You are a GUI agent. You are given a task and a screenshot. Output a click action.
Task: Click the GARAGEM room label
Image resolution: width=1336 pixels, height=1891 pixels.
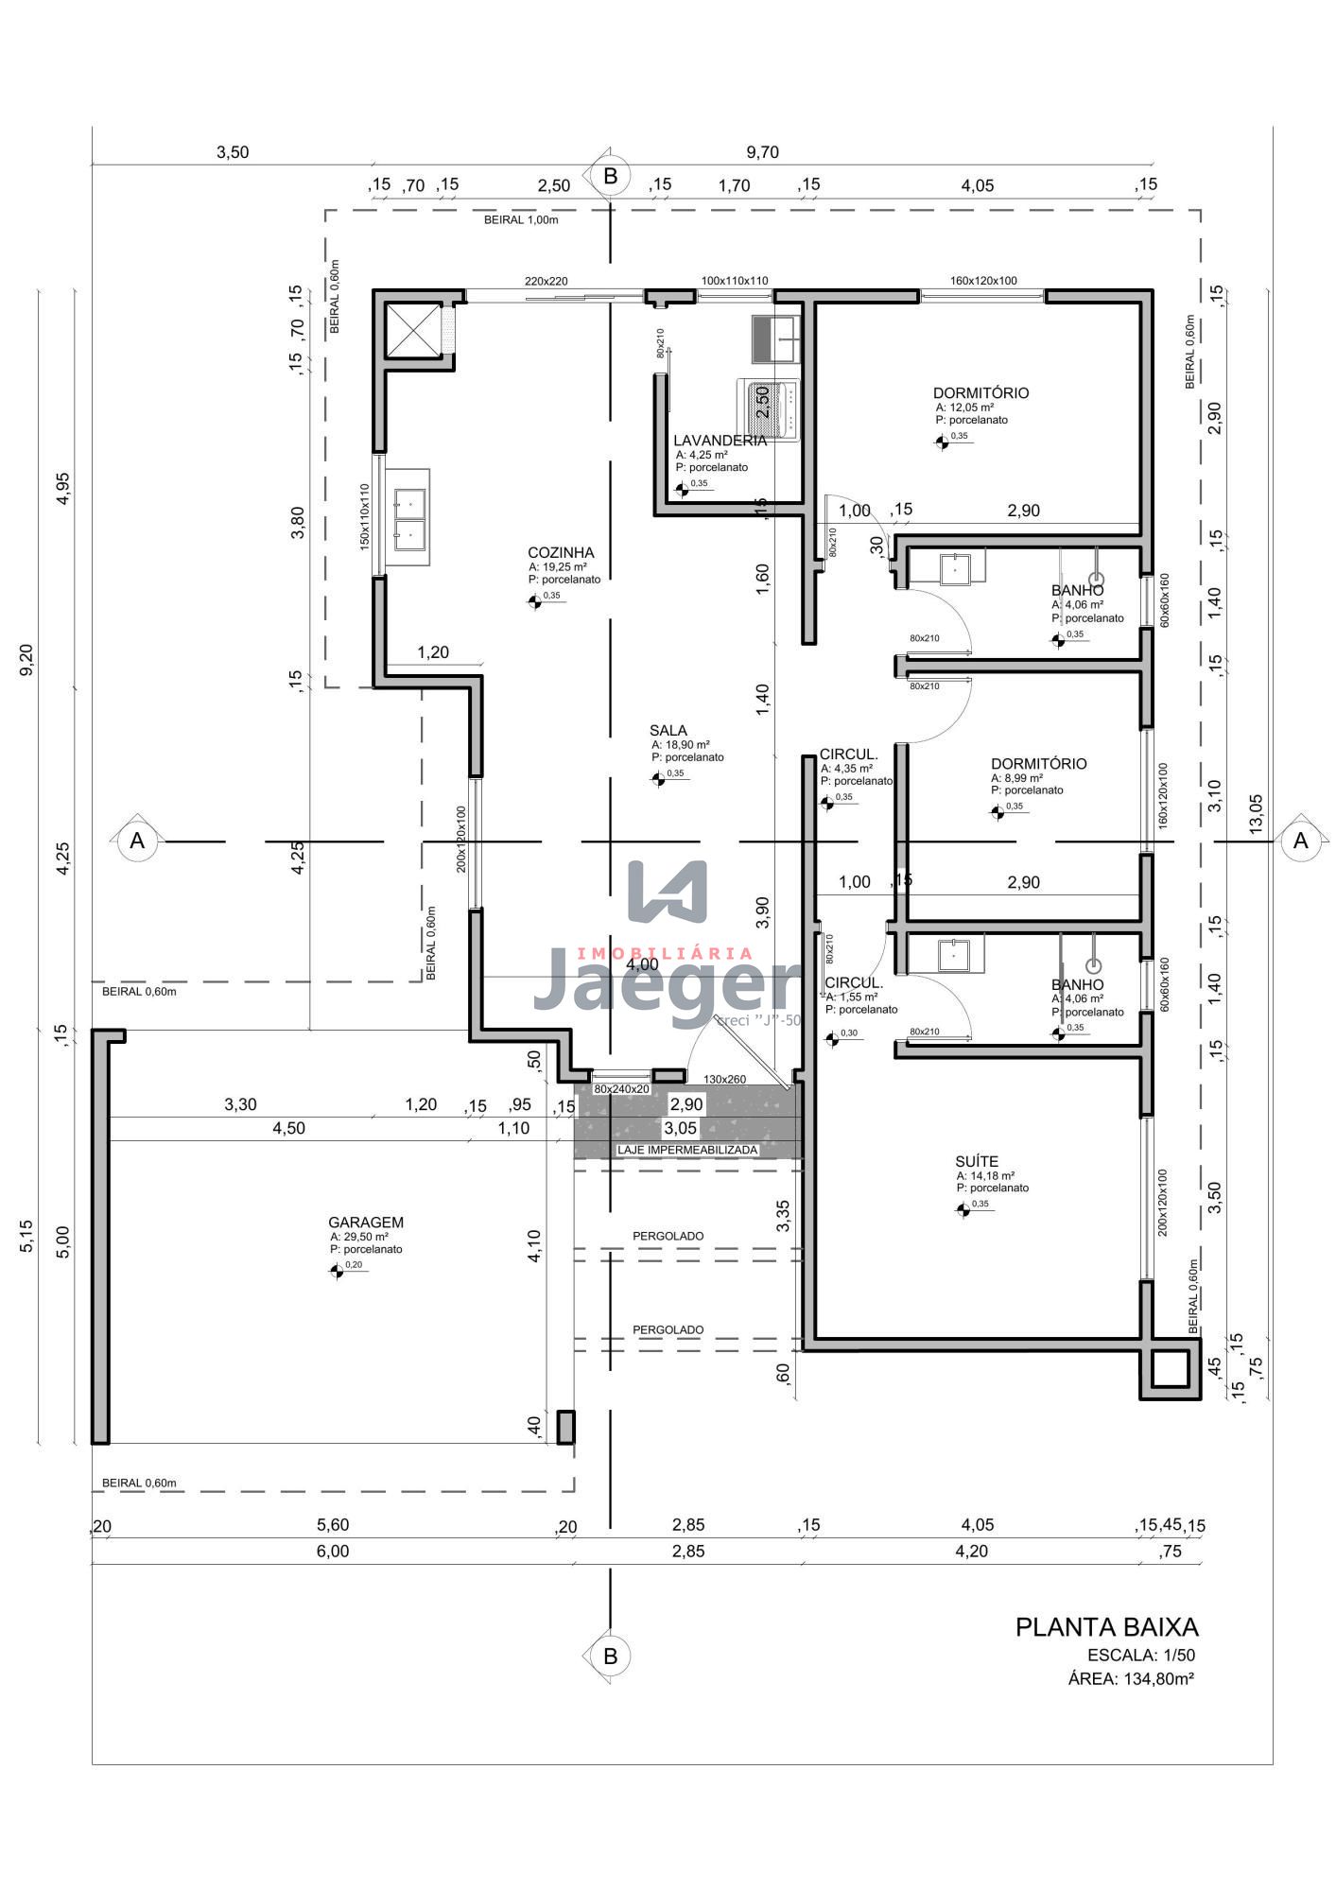pyautogui.click(x=366, y=1223)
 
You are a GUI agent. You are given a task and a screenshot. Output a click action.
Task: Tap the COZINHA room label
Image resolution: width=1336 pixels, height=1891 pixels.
pyautogui.click(x=561, y=553)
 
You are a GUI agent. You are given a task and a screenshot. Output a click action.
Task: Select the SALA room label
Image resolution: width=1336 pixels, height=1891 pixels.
pyautogui.click(x=668, y=731)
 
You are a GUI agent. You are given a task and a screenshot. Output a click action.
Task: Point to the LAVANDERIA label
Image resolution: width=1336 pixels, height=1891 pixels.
pyautogui.click(x=720, y=441)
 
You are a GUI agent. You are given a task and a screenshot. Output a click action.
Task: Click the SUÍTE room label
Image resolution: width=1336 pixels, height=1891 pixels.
pyautogui.click(x=977, y=1162)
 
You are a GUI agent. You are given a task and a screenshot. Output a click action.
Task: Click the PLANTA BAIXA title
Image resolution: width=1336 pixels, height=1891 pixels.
pyautogui.click(x=1106, y=1627)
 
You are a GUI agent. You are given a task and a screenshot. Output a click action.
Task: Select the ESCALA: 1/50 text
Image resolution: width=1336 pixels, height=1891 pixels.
pyautogui.click(x=1140, y=1656)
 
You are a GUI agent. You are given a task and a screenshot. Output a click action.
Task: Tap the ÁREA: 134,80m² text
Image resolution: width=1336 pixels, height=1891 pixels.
pyautogui.click(x=1130, y=1679)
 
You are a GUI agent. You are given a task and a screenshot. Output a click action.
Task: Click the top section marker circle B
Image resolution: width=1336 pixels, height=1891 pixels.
pyautogui.click(x=610, y=176)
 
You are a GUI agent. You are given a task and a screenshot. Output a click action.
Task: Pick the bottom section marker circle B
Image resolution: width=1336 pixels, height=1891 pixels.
pyautogui.click(x=610, y=1656)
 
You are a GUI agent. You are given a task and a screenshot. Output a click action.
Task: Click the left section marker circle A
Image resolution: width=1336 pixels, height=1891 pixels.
pyautogui.click(x=137, y=841)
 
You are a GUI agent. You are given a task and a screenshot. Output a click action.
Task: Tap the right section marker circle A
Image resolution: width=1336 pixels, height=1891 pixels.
pyautogui.click(x=1300, y=841)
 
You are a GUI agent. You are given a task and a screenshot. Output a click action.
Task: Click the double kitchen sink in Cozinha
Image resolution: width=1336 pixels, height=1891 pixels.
pyautogui.click(x=410, y=518)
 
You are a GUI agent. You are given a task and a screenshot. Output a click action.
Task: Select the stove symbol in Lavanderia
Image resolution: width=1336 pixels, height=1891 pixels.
pyautogui.click(x=768, y=410)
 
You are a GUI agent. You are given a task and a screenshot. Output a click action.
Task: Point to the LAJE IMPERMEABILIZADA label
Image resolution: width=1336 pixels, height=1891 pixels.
pyautogui.click(x=687, y=1150)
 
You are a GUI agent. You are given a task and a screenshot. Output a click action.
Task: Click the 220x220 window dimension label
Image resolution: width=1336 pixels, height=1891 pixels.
pyautogui.click(x=547, y=281)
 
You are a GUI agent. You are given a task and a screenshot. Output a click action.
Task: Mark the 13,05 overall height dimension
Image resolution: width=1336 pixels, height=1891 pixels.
pyautogui.click(x=1257, y=812)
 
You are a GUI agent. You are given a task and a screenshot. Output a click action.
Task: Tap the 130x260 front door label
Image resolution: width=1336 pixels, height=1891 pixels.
pyautogui.click(x=724, y=1079)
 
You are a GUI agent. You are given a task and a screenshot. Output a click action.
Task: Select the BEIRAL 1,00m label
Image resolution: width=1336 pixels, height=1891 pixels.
pyautogui.click(x=521, y=220)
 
